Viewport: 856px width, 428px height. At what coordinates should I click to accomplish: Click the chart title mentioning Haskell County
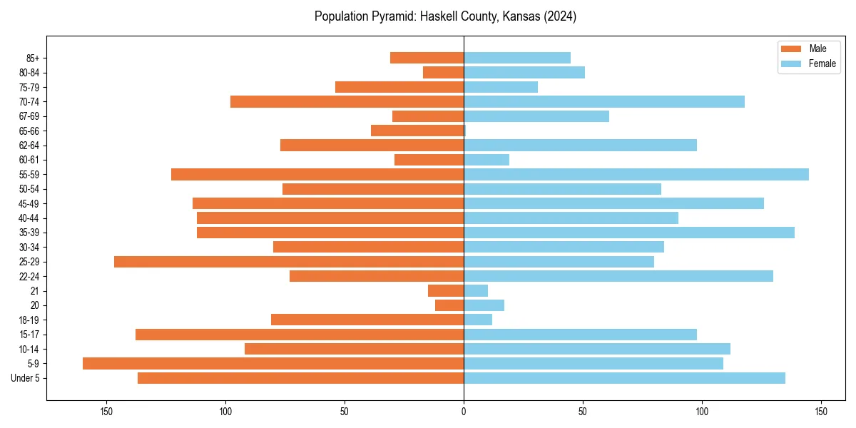click(x=445, y=16)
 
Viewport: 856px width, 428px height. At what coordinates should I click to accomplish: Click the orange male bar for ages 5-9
click(x=273, y=363)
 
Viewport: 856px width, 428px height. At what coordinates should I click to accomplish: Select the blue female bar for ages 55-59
click(x=636, y=174)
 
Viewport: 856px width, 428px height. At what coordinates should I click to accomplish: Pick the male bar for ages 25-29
click(x=289, y=262)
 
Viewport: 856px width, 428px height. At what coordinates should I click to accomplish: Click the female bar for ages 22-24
click(x=618, y=276)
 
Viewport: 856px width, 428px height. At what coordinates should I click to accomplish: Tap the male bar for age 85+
click(x=427, y=58)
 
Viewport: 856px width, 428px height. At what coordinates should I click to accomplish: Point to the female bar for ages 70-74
click(x=604, y=101)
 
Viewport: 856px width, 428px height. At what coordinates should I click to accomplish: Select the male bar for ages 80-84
click(x=443, y=72)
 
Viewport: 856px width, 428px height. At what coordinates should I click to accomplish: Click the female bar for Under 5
click(x=624, y=378)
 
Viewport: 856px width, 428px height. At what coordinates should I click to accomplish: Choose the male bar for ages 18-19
click(x=367, y=320)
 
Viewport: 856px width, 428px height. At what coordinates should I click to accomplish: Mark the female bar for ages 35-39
click(x=629, y=233)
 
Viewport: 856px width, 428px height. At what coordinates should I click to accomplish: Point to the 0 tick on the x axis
click(x=464, y=412)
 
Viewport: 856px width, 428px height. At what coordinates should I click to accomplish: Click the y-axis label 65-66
click(x=29, y=131)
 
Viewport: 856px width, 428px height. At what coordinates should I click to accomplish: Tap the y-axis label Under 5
click(x=26, y=378)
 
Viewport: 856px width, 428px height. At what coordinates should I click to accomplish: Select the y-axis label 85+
click(x=33, y=58)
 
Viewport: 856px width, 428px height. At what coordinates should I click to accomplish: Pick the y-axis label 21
click(x=35, y=291)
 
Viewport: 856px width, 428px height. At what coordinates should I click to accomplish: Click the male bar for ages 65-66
click(x=417, y=131)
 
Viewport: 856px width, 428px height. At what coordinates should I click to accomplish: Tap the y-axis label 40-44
click(x=29, y=218)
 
